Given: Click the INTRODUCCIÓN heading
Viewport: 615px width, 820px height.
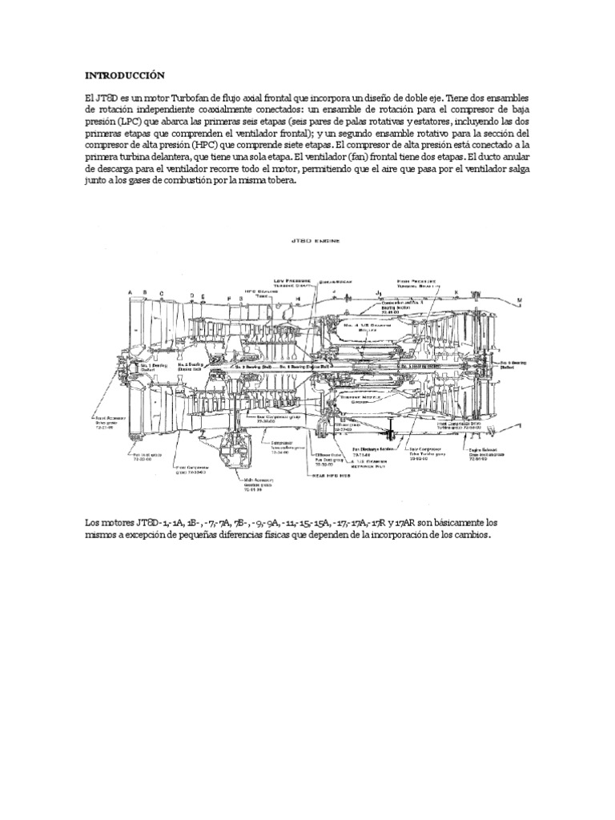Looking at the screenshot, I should pos(124,75).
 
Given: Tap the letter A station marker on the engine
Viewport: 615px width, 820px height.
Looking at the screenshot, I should pos(129,293).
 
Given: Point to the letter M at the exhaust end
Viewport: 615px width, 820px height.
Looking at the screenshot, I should pos(519,300).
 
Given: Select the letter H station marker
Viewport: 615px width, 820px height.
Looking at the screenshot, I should pos(297,298).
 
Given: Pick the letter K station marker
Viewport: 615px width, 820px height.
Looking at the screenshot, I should pos(456,291).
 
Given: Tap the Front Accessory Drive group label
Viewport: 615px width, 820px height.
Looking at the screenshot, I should pos(112,421).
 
